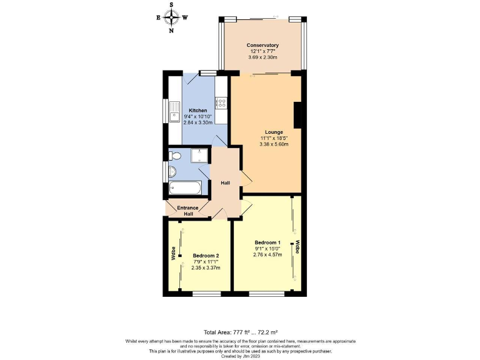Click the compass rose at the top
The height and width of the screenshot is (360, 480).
171,17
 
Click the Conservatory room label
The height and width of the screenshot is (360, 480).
262,46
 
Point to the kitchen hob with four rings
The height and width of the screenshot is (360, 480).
221,102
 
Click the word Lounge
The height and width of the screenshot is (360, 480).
274,132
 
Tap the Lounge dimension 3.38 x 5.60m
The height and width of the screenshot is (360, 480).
274,144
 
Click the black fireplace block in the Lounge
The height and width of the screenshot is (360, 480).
299,116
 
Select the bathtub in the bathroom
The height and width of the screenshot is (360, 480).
185,187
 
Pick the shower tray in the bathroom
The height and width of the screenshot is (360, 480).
199,155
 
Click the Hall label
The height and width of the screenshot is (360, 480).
226,183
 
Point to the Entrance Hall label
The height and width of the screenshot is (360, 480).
187,211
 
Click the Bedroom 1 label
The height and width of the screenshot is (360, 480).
267,242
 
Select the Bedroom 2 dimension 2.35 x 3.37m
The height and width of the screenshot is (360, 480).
205,267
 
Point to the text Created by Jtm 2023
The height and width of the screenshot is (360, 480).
240,356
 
